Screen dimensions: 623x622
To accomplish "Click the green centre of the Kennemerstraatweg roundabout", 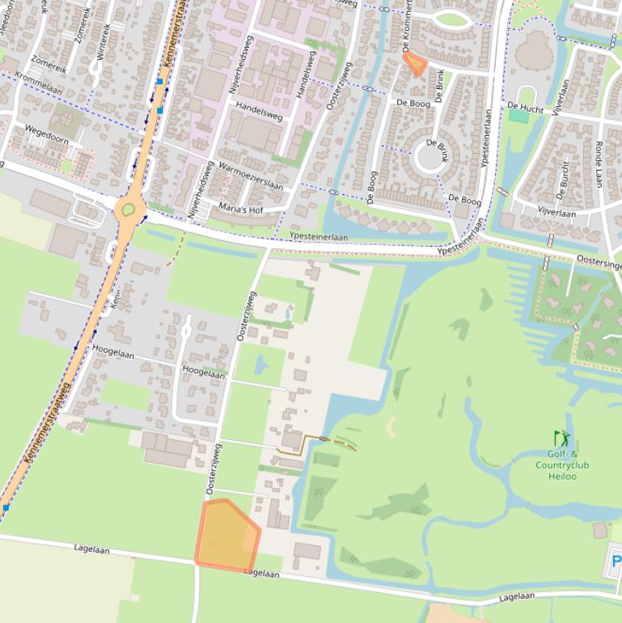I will point(128,210).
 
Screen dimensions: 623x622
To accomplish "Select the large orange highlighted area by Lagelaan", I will point(226,536).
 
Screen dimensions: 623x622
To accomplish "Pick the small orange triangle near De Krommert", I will point(416,63).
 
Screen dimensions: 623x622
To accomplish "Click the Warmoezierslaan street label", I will point(251,175).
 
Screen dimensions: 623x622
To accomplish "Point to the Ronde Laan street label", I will point(599,161).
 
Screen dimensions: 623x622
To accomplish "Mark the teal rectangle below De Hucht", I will point(518,117).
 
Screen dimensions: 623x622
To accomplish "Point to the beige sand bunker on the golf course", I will point(391,426).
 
